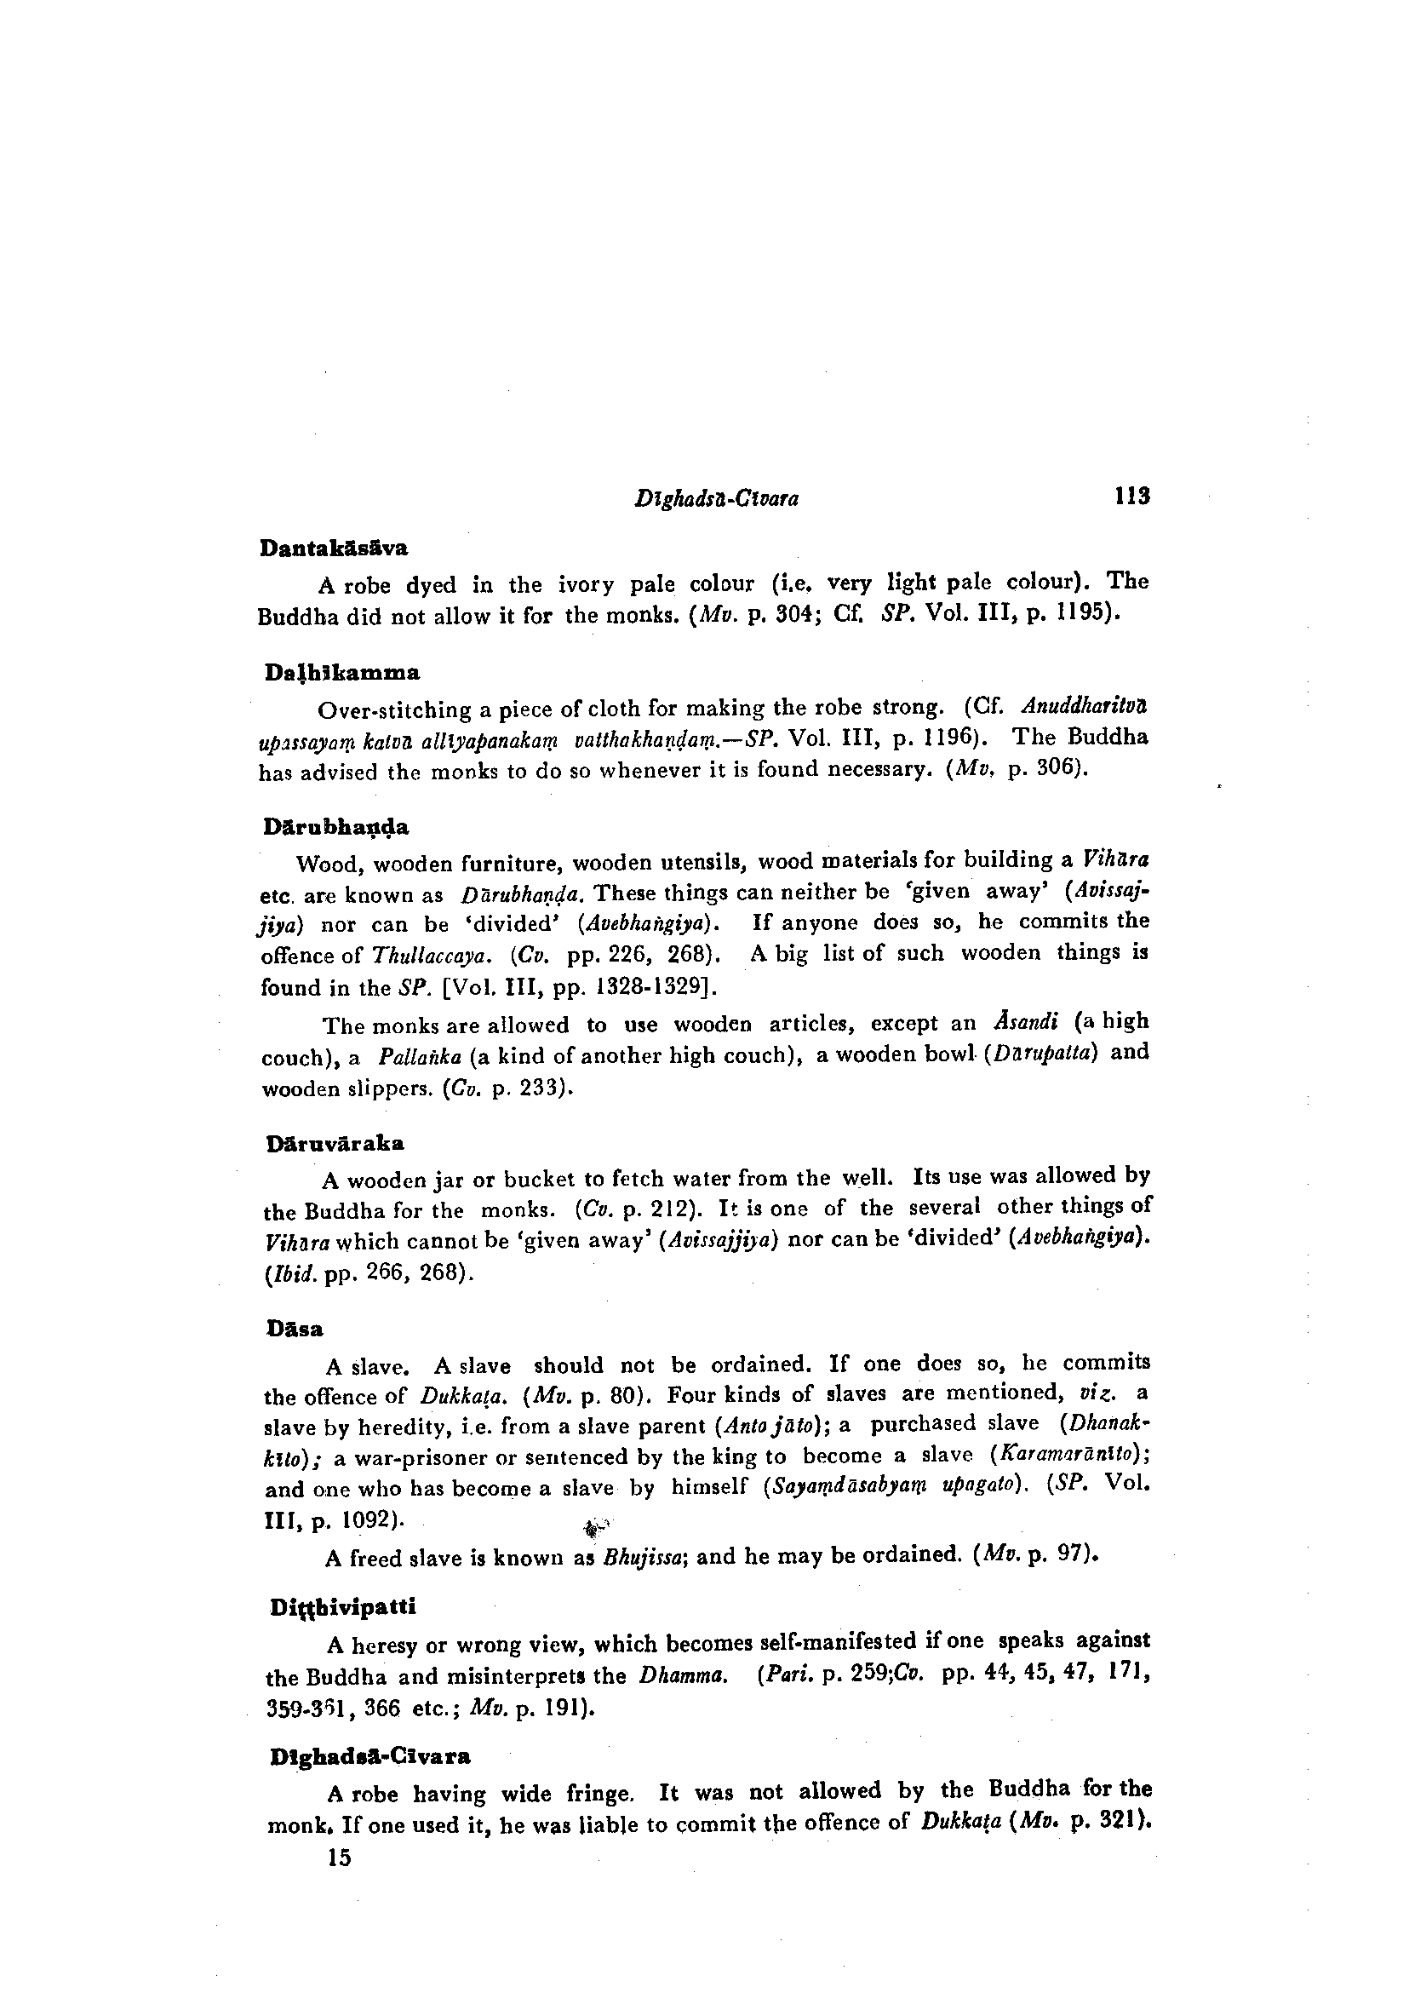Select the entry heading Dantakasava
(334, 548)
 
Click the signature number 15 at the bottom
(339, 1858)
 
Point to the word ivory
(587, 584)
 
